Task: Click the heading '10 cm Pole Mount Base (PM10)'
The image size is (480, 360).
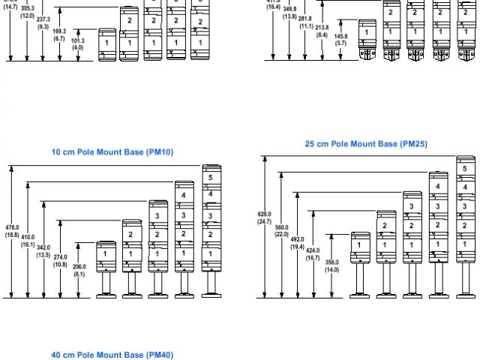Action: [x=112, y=151]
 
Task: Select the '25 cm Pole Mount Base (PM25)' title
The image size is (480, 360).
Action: [x=366, y=143]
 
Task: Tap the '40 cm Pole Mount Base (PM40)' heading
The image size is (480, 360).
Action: [x=112, y=355]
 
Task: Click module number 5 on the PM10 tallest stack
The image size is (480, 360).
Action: [x=211, y=178]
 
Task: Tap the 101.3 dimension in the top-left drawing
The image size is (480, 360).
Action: [x=78, y=43]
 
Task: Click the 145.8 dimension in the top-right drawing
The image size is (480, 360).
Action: [x=340, y=40]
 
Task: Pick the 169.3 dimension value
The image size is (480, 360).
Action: [x=60, y=34]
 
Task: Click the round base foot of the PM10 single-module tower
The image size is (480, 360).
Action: [x=106, y=295]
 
